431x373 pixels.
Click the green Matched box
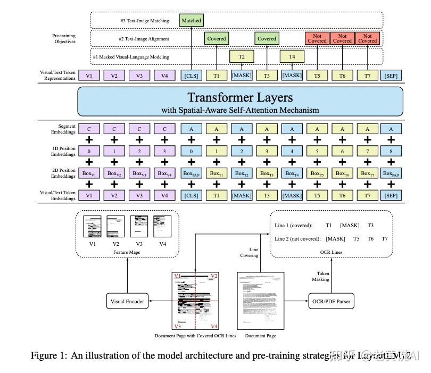pyautogui.click(x=191, y=21)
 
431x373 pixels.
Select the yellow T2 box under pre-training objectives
pyautogui.click(x=242, y=56)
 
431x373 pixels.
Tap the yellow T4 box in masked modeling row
pyautogui.click(x=292, y=56)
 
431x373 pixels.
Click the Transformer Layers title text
pyautogui.click(x=240, y=97)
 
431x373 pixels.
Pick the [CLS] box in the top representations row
pyautogui.click(x=191, y=76)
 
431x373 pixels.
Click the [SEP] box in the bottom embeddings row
pyautogui.click(x=391, y=195)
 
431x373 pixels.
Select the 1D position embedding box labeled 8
pyautogui.click(x=391, y=151)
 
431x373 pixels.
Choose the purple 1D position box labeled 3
pyautogui.click(x=164, y=151)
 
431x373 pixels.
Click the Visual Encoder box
pyautogui.click(x=127, y=301)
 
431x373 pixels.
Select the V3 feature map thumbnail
pyautogui.click(x=139, y=226)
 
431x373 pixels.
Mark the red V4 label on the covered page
pyautogui.click(x=213, y=326)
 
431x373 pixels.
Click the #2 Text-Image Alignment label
pyautogui.click(x=144, y=38)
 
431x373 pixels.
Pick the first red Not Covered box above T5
pyautogui.click(x=317, y=38)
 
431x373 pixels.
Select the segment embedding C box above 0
pyautogui.click(x=89, y=129)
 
